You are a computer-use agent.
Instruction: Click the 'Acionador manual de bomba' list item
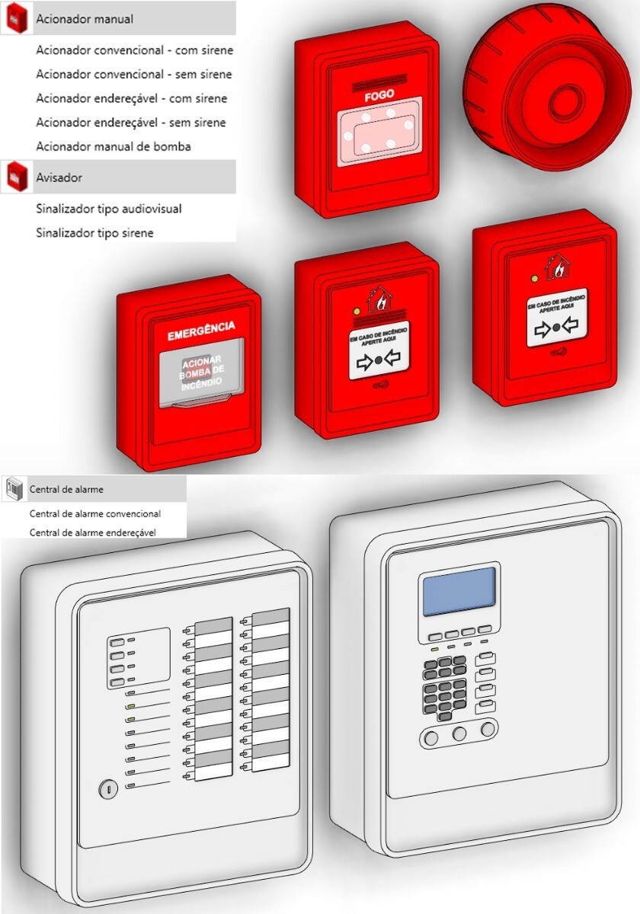[113, 146]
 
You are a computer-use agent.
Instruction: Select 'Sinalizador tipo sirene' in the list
[94, 233]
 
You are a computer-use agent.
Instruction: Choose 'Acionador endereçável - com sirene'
[131, 98]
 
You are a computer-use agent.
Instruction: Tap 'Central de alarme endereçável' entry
[92, 533]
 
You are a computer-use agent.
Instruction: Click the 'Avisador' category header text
[59, 177]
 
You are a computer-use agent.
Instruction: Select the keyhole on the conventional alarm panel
[107, 790]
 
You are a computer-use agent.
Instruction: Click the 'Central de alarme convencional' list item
[94, 514]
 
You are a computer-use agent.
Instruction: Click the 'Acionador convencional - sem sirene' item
[133, 75]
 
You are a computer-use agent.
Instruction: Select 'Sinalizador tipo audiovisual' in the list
[108, 209]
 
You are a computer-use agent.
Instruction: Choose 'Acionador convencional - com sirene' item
[134, 50]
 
